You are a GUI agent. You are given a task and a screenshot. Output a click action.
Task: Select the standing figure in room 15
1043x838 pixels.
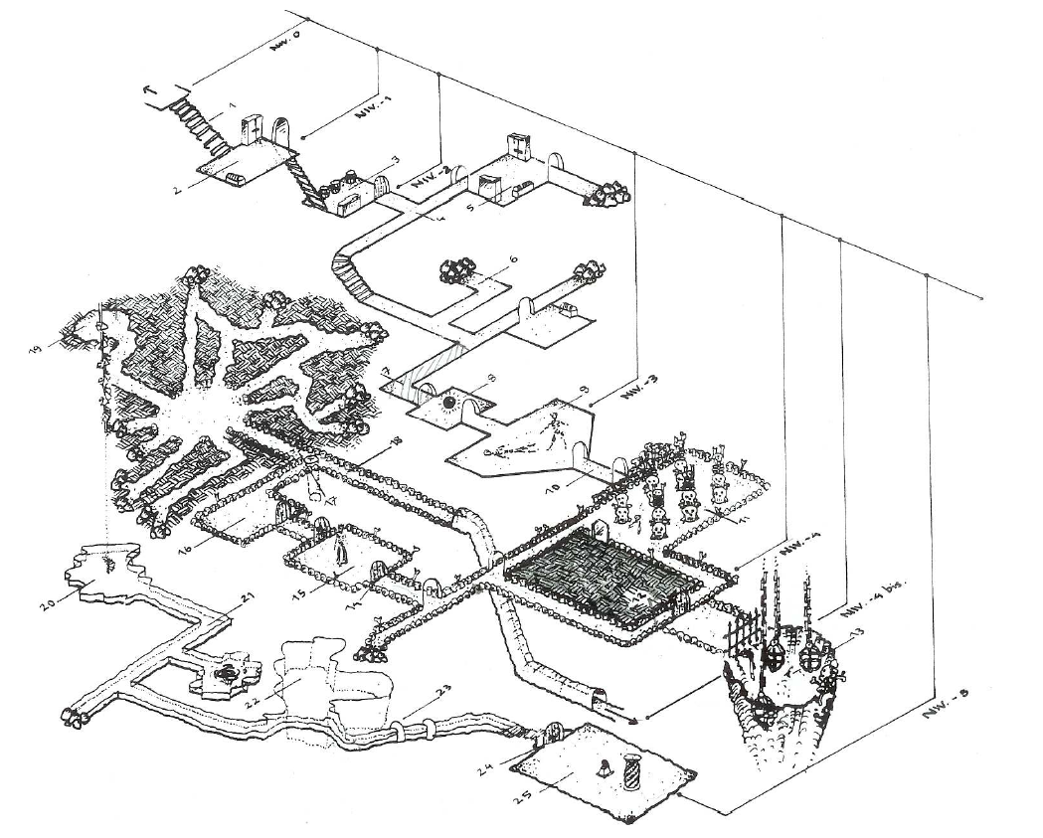341,545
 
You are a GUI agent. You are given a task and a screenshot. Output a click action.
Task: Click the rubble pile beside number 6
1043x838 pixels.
458,270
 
